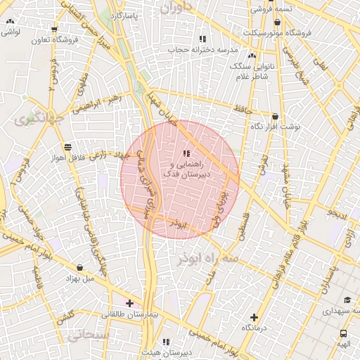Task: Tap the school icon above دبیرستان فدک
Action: [x=186, y=153]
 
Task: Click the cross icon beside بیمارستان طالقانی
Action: [x=129, y=303]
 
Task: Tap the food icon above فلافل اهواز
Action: [x=67, y=147]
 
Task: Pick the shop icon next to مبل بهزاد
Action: [x=79, y=268]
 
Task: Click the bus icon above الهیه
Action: [x=343, y=334]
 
